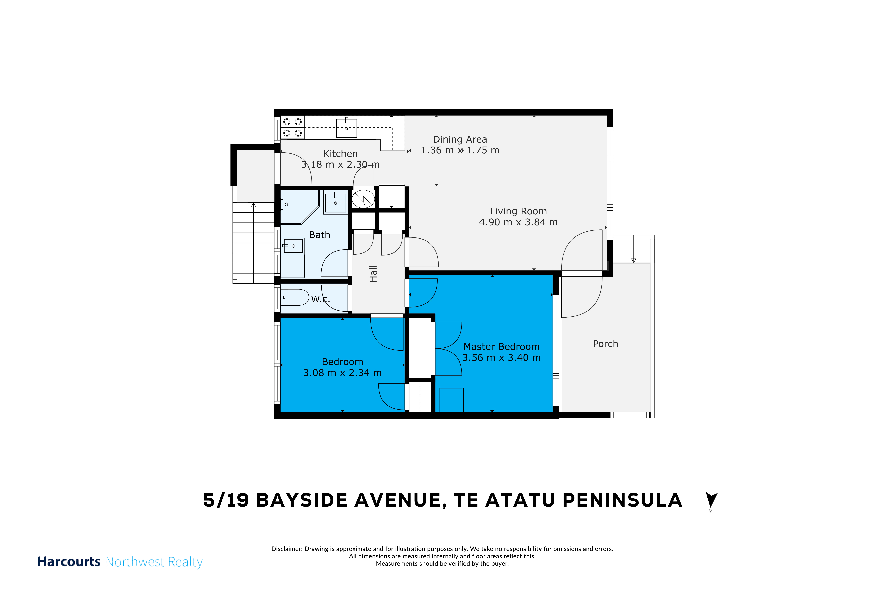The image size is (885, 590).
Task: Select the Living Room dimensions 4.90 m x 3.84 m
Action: [x=518, y=222]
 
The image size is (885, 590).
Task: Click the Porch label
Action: [x=605, y=344]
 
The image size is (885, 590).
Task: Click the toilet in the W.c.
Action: [x=295, y=297]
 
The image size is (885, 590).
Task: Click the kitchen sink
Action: [x=347, y=128]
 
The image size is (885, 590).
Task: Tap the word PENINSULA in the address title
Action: [x=622, y=500]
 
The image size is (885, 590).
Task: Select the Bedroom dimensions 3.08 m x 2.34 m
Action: [x=342, y=373]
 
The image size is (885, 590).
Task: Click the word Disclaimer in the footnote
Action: [x=287, y=549]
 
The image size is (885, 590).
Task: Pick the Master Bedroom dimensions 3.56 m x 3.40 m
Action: [x=502, y=358]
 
